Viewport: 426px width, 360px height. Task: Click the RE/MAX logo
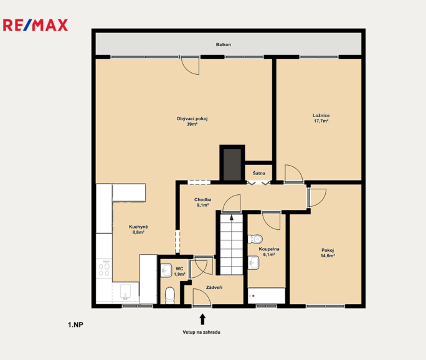tap(35, 26)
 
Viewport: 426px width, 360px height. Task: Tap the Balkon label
tap(224, 45)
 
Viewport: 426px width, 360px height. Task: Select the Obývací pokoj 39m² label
tap(192, 121)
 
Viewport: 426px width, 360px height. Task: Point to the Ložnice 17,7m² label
tap(321, 118)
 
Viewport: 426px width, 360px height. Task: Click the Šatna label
tap(258, 173)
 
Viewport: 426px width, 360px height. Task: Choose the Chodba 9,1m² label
tap(202, 202)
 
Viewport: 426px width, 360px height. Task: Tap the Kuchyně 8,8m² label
tap(138, 229)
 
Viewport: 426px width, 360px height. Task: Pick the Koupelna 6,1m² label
tap(269, 252)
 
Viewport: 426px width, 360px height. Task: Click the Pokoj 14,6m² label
tap(328, 253)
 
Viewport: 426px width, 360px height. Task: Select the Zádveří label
tap(214, 288)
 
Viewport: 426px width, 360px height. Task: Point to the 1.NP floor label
tap(75, 324)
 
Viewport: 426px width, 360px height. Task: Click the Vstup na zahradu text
tap(201, 333)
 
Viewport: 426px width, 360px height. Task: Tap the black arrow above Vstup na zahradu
tap(202, 320)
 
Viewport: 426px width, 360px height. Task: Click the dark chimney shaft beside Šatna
tap(232, 164)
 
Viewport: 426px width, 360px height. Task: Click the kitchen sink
tap(126, 292)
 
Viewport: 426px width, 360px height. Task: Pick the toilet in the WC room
tap(170, 296)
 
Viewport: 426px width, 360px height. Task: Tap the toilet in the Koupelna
tap(255, 239)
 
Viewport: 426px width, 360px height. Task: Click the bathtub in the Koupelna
tap(267, 296)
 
